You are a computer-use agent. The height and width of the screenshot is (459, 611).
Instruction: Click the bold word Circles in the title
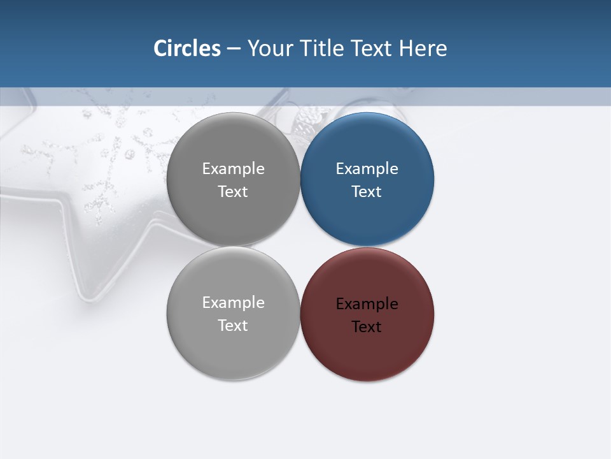coord(187,48)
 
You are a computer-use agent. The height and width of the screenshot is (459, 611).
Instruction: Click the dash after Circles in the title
coord(234,49)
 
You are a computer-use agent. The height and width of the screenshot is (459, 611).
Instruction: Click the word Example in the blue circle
coord(367,169)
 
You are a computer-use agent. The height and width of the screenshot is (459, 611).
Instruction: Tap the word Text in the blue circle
coord(367,192)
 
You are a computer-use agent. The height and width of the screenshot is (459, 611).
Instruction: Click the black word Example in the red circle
coord(367,304)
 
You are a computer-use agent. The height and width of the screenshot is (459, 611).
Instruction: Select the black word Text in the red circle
coord(367,327)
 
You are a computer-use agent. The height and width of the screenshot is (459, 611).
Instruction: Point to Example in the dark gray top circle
coord(233,169)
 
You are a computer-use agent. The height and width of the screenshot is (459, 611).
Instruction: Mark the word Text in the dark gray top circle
coord(233,192)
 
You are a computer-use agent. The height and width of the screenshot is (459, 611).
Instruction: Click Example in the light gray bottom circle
coord(233,303)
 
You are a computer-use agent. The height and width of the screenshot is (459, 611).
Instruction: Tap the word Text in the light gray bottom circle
coord(233,326)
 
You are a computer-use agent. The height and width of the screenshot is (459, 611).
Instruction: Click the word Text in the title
coord(372,48)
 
